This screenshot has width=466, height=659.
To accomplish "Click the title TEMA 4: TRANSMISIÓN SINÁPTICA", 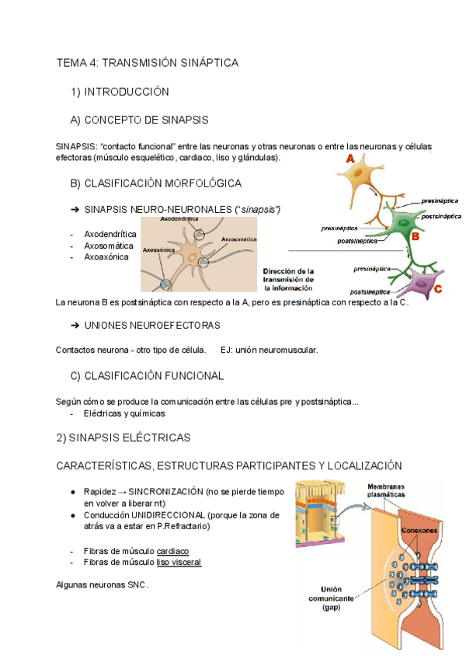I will point(148,62).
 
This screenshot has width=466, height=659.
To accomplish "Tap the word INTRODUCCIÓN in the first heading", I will point(126,92).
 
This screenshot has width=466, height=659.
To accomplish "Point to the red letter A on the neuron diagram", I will point(350,159).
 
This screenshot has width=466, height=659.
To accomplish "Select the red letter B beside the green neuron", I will point(416,235).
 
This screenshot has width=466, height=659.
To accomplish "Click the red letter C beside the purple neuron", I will point(438,289).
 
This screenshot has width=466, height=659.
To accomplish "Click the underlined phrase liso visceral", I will point(179,562).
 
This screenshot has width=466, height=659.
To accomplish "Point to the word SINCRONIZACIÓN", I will point(164,492).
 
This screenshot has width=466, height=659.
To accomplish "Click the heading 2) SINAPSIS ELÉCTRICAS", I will point(123,438).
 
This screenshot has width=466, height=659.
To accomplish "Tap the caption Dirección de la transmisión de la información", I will point(288,278).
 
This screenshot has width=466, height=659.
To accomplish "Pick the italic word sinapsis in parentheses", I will point(259,210).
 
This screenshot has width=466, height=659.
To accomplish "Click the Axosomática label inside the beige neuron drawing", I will point(238,239).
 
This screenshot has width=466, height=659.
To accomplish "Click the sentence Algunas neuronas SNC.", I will point(102,584).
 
